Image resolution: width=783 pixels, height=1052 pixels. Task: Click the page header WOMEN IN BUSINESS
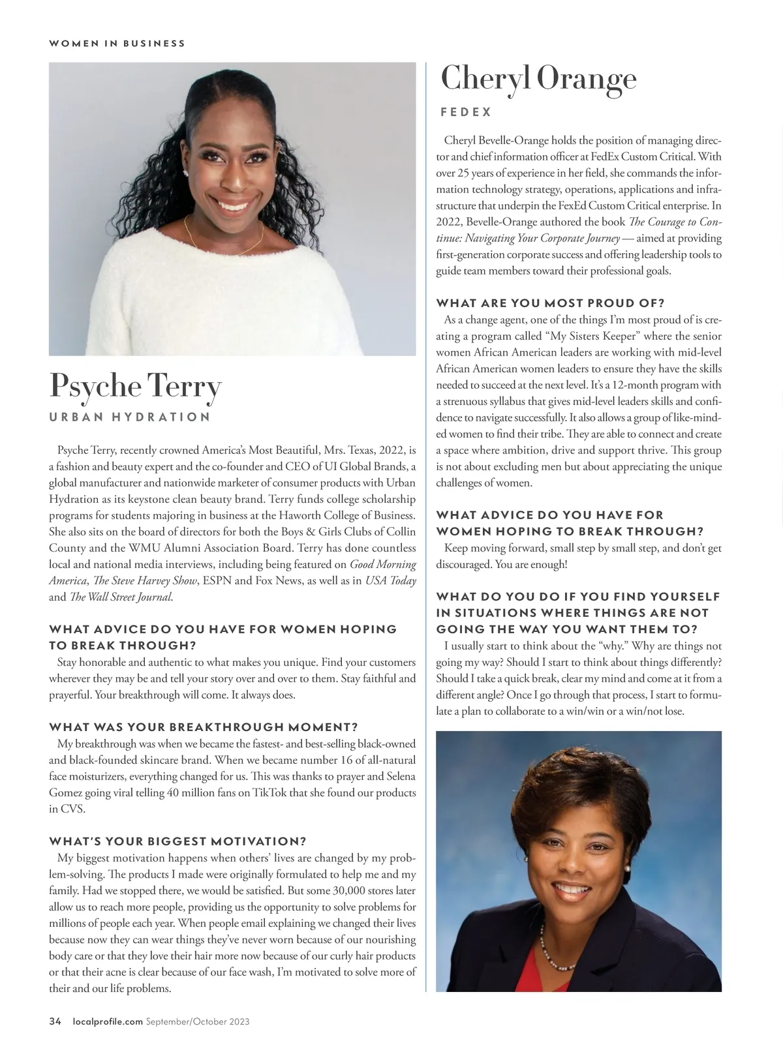click(117, 44)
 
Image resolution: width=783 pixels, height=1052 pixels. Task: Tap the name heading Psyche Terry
click(135, 386)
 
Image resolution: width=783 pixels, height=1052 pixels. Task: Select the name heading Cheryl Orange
click(538, 80)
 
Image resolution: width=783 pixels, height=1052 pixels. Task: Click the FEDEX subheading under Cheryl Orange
click(466, 112)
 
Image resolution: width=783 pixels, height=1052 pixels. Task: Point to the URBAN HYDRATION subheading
click(130, 417)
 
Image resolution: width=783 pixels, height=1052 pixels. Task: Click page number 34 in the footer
click(55, 1021)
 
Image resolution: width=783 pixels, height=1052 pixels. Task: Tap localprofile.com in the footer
click(107, 1021)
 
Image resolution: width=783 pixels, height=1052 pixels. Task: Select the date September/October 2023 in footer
click(198, 1021)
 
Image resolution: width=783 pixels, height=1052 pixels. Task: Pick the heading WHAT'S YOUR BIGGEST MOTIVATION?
click(177, 841)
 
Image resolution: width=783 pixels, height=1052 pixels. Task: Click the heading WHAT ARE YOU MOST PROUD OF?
click(550, 303)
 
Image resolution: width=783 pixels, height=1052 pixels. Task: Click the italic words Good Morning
click(383, 564)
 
